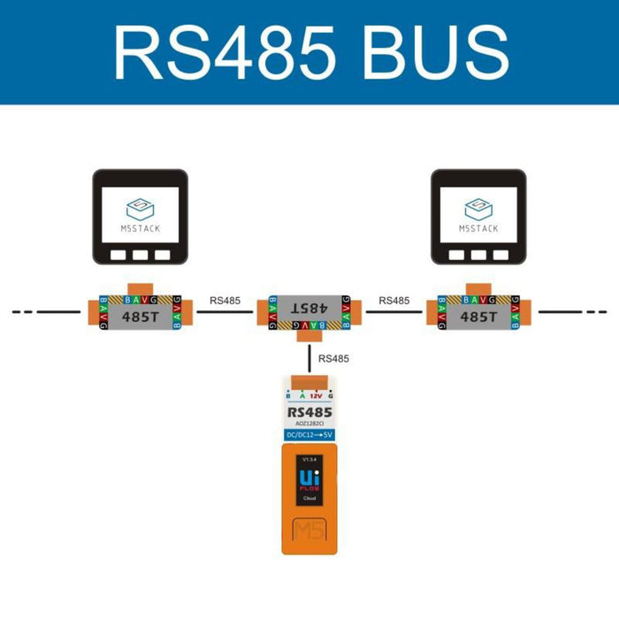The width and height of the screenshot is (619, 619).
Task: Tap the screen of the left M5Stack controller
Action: tap(141, 217)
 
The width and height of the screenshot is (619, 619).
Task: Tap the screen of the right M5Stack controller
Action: tap(478, 217)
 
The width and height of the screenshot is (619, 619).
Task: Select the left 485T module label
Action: tap(140, 315)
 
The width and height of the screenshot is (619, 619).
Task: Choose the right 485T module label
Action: tap(478, 315)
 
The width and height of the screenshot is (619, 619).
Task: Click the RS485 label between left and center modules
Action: tap(225, 301)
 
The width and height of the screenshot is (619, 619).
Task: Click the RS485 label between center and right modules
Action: tap(394, 301)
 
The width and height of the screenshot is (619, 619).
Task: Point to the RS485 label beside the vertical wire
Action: tap(333, 359)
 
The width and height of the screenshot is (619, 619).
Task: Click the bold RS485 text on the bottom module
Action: tap(309, 412)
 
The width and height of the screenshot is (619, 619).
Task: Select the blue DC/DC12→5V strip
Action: tap(309, 435)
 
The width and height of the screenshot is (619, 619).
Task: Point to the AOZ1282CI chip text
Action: tap(309, 424)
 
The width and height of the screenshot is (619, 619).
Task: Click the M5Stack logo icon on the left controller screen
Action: tap(141, 210)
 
